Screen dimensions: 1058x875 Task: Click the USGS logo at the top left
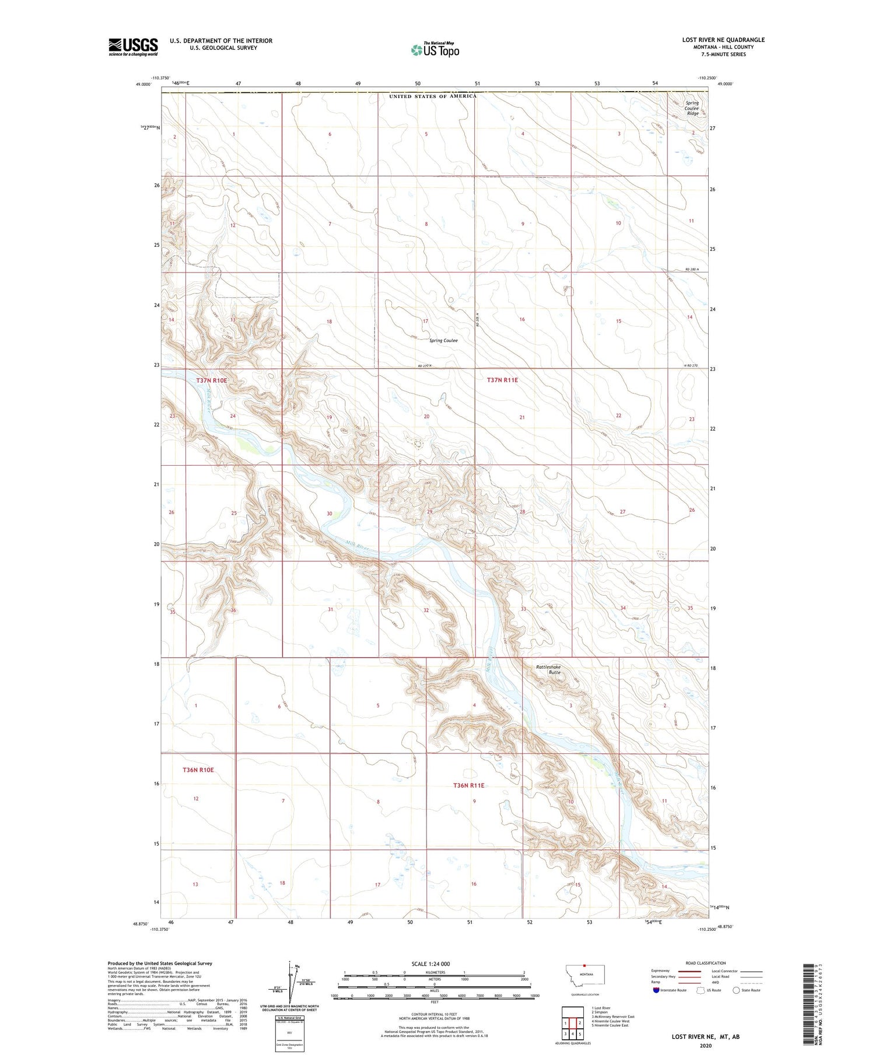[133, 47]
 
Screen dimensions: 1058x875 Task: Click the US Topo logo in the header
[435, 50]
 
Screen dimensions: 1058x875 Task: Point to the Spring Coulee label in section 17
[443, 340]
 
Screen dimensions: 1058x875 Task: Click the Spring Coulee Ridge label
[692, 108]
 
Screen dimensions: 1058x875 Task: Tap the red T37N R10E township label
[211, 380]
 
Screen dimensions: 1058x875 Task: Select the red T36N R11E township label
[468, 785]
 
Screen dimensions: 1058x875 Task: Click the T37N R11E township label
[502, 380]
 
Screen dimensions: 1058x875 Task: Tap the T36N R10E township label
[198, 770]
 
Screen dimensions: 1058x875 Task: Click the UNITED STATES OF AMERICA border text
[433, 96]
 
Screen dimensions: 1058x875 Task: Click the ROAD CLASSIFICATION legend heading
[706, 963]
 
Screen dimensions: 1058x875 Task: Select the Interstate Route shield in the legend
[656, 990]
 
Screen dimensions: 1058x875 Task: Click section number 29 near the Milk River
[430, 512]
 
